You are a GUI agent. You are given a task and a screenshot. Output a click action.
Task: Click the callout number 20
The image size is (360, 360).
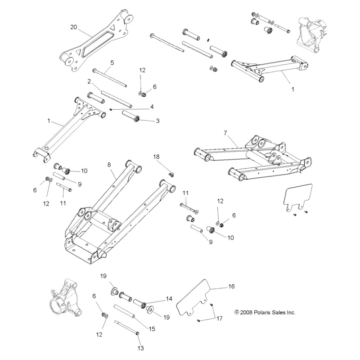point(73,27)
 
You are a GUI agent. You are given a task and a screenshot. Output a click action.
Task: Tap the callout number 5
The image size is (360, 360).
point(112,63)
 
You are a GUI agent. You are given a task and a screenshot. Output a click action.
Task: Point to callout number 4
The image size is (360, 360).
point(152,107)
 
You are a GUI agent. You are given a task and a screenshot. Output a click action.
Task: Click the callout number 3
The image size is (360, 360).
point(158,121)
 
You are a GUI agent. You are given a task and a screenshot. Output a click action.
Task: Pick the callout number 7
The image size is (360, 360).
point(225,133)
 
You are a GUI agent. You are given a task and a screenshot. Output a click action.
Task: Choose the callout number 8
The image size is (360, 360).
point(109,165)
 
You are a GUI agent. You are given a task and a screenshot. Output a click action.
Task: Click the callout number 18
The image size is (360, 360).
point(156,157)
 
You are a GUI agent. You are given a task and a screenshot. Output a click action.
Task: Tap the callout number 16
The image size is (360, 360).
point(231,286)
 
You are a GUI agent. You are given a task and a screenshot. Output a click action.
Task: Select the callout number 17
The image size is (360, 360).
point(220,319)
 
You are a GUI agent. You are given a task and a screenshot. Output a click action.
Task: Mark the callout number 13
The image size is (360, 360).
point(140,348)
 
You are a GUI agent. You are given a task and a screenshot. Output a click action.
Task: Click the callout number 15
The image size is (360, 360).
point(152,329)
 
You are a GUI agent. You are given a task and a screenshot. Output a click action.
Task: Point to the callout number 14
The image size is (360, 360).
point(169,299)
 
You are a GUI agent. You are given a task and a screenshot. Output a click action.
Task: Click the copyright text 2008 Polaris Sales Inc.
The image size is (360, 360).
point(265,312)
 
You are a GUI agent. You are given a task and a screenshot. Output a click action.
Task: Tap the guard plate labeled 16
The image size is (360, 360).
point(193,297)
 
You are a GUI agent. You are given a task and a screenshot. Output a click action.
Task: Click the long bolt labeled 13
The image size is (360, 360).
point(126,327)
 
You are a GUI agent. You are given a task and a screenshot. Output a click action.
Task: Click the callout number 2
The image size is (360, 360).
point(89,81)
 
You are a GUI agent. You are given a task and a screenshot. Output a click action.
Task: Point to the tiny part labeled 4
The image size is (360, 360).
point(110,109)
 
